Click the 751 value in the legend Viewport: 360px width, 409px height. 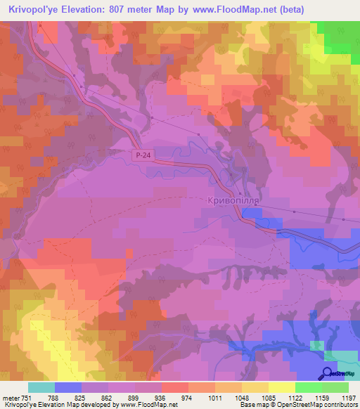(27, 397)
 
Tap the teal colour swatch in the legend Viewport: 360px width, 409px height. (41, 387)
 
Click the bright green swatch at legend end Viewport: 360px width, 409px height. (335, 387)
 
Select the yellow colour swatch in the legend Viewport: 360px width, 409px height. (281, 387)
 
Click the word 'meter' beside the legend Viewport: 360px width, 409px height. (10, 397)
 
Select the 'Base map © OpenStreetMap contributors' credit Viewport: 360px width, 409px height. (297, 405)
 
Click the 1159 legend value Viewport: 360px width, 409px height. (308, 397)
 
